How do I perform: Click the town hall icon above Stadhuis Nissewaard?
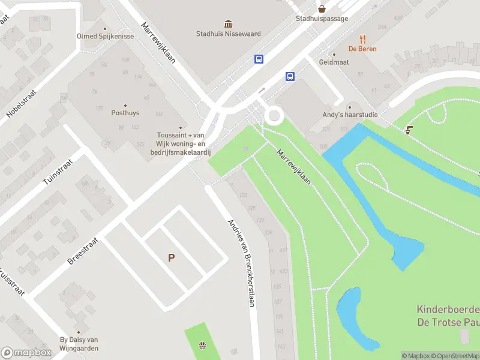tap(229, 24)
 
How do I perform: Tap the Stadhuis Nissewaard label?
tap(229, 34)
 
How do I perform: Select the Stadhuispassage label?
tap(322, 19)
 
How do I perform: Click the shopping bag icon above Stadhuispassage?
tap(322, 8)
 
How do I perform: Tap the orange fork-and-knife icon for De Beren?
tap(353, 39)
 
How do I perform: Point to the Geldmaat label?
tap(334, 62)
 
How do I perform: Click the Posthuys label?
tap(125, 112)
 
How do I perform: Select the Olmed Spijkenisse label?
tap(105, 36)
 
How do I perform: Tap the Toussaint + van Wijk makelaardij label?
tap(181, 143)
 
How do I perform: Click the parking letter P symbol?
tap(171, 257)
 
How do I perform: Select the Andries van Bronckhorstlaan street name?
tap(241, 263)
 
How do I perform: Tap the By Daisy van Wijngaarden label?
tap(79, 344)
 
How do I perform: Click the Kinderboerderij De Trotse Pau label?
tap(448, 316)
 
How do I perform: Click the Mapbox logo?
tap(26, 352)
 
